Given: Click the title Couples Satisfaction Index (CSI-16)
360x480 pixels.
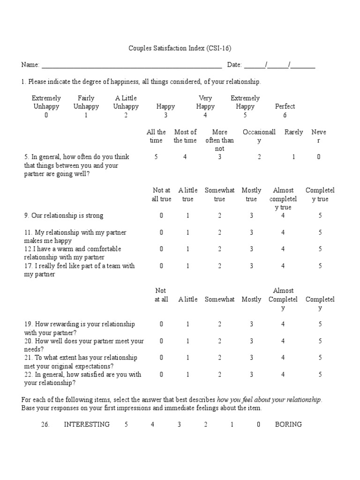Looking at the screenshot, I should coord(180,48).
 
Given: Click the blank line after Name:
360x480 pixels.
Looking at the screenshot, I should coord(131,65).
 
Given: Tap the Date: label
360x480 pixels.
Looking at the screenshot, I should coord(234,65).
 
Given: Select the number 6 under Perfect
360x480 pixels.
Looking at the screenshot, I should coord(285,115).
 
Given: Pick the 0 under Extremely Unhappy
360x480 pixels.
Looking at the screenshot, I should coord(46,115).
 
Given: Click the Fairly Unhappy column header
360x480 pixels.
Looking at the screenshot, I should coord(86,102).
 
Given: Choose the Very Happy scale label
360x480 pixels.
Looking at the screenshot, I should coord(205,102).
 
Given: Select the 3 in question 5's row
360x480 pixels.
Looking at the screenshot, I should coord(219,157).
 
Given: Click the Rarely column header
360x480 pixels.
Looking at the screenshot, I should coord(294,132).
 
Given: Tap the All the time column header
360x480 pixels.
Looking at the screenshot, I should coord(156,136).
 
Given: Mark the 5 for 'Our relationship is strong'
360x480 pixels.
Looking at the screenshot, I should coord(321,216).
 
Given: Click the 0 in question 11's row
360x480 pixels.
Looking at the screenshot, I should coord(161,232).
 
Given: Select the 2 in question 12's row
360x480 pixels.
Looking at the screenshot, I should coord(219,249).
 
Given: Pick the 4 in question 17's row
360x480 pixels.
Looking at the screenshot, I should coord(283,266).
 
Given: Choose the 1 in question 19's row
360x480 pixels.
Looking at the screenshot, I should coord(188,324).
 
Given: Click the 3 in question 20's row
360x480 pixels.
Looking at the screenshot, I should coord(251,341).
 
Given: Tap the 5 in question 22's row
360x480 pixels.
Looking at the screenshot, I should coord(321,374).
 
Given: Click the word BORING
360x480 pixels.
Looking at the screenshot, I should coord(288,424).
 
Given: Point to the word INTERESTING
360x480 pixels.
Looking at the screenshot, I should coord(87,424).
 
